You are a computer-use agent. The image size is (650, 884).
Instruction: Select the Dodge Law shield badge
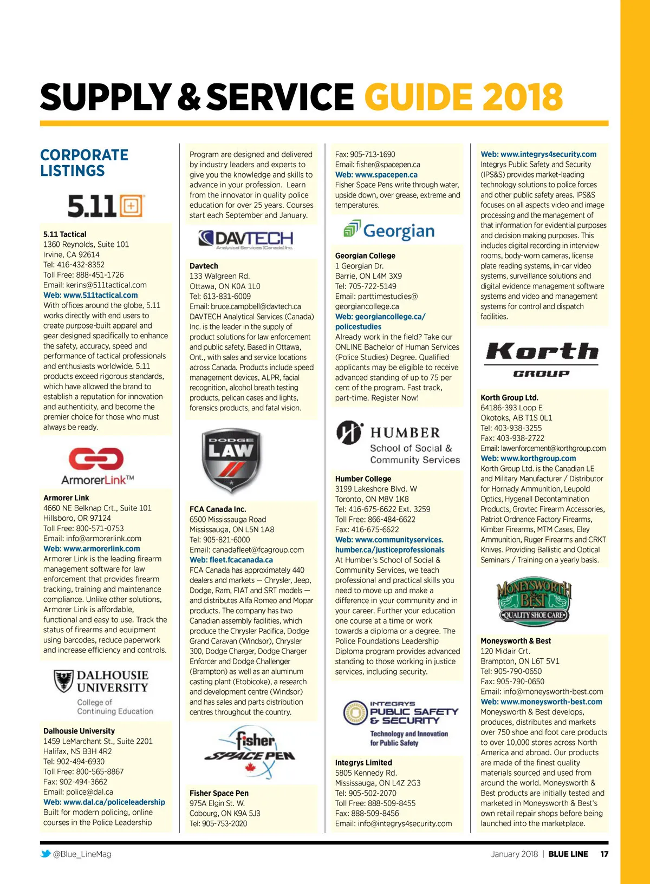[230, 460]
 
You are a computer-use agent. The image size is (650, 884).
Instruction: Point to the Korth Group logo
[542, 358]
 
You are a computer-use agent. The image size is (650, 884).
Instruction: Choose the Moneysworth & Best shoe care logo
[534, 601]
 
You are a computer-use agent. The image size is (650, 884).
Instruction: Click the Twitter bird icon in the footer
[46, 854]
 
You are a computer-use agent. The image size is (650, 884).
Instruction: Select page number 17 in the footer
[604, 854]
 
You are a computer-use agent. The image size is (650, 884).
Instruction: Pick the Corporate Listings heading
[84, 162]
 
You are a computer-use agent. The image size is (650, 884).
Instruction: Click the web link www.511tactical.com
[90, 295]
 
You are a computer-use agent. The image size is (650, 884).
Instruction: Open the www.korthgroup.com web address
[528, 458]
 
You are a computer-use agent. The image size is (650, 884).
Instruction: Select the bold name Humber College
[363, 479]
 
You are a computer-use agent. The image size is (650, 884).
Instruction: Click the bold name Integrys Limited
[363, 762]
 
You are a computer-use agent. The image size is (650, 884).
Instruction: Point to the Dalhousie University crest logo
[63, 681]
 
